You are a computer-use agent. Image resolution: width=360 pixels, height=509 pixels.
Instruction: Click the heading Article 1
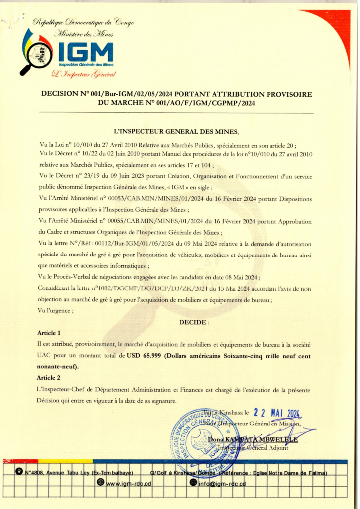(x=49, y=333)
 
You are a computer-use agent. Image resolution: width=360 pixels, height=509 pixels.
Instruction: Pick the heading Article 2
(x=49, y=378)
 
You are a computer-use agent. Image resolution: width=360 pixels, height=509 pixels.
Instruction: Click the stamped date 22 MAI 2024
(x=277, y=413)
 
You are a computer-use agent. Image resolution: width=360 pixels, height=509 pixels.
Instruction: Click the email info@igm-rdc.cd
(x=222, y=483)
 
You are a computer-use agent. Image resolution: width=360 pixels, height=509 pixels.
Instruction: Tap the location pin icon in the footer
(x=19, y=472)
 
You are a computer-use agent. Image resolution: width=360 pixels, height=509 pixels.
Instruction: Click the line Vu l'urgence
(x=55, y=310)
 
